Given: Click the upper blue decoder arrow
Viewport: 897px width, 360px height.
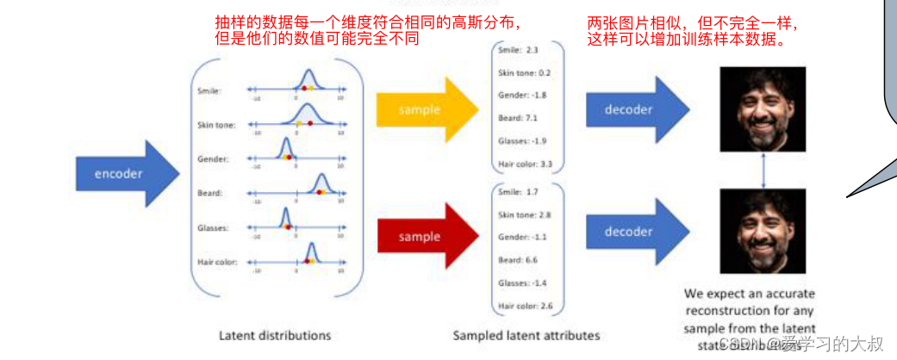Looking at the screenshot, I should (636, 109).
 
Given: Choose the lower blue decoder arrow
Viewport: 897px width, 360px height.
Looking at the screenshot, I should (636, 232).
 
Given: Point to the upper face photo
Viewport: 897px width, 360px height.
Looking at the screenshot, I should (762, 109).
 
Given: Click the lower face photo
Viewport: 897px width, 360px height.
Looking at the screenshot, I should (762, 233).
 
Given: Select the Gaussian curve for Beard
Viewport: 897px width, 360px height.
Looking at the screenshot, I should (322, 183).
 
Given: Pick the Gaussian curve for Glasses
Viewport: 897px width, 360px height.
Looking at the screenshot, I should (284, 218).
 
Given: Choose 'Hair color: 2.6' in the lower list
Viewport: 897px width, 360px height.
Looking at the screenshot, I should (526, 306).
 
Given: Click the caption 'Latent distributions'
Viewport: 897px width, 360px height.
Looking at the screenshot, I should (275, 335).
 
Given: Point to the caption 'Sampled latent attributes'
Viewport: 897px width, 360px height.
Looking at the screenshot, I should (526, 335).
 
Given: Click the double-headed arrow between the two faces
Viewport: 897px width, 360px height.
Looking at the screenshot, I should (763, 171).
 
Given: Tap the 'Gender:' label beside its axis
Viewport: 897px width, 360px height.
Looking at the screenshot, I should (212, 159).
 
